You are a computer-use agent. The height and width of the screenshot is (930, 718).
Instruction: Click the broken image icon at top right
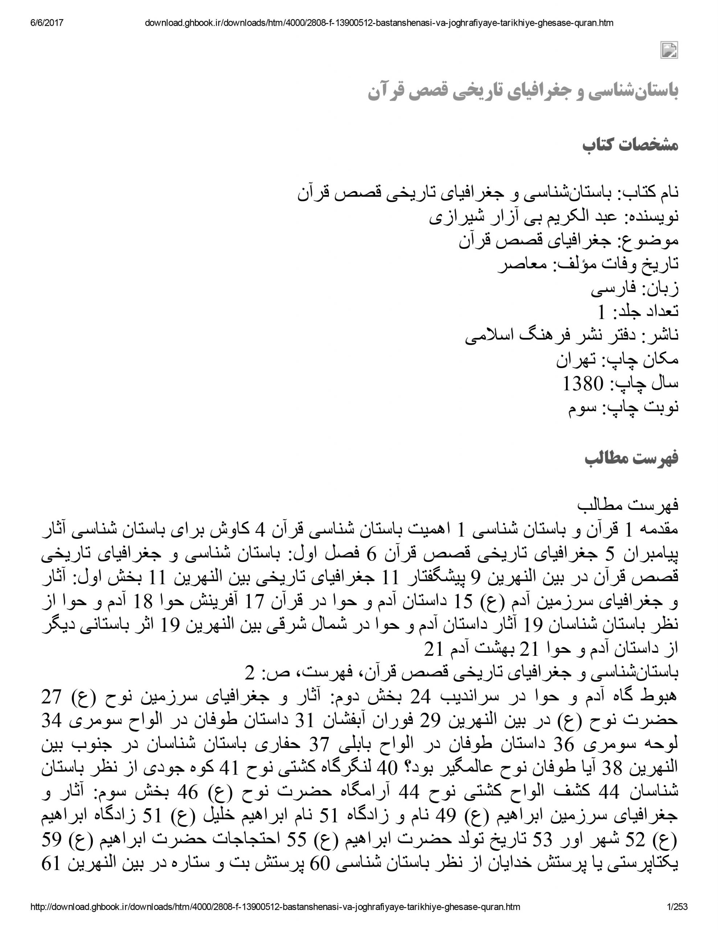(x=669, y=50)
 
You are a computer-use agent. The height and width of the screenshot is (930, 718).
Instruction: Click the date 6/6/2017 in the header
(x=47, y=23)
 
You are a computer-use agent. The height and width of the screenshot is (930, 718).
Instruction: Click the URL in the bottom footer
(x=275, y=907)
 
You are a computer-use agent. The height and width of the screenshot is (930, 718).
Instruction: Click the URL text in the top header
(x=379, y=23)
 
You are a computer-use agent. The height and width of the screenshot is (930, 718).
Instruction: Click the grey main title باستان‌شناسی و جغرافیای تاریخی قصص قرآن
(x=523, y=91)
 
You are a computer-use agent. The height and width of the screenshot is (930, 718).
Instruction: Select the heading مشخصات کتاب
(x=630, y=145)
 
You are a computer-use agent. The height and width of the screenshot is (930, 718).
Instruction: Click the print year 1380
(x=583, y=384)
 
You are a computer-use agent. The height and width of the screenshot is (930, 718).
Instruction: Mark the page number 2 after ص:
(x=249, y=673)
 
